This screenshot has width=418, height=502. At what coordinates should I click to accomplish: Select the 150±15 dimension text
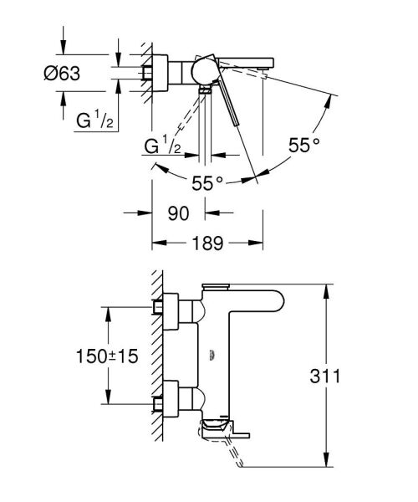(104, 355)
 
